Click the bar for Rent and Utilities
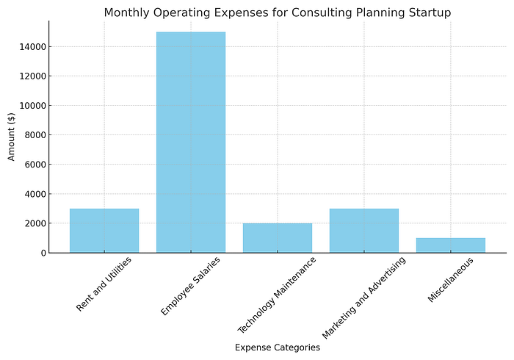[x=104, y=231]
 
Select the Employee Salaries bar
[x=191, y=143]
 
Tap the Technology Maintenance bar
[x=278, y=238]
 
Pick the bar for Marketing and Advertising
[x=364, y=231]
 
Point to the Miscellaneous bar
[x=451, y=245]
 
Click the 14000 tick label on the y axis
[x=32, y=47]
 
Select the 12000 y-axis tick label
[x=32, y=76]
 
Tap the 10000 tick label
[x=32, y=106]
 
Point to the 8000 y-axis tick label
[x=35, y=135]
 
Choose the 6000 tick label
[x=35, y=165]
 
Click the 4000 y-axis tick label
[x=35, y=194]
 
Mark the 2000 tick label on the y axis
[x=35, y=223]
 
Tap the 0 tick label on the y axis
[x=43, y=253]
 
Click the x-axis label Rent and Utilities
[x=104, y=284]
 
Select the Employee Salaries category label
[x=190, y=287]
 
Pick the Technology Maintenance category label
[x=277, y=295]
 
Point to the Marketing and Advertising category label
[x=364, y=298]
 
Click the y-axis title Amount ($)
[x=11, y=137]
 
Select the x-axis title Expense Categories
[x=278, y=348]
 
